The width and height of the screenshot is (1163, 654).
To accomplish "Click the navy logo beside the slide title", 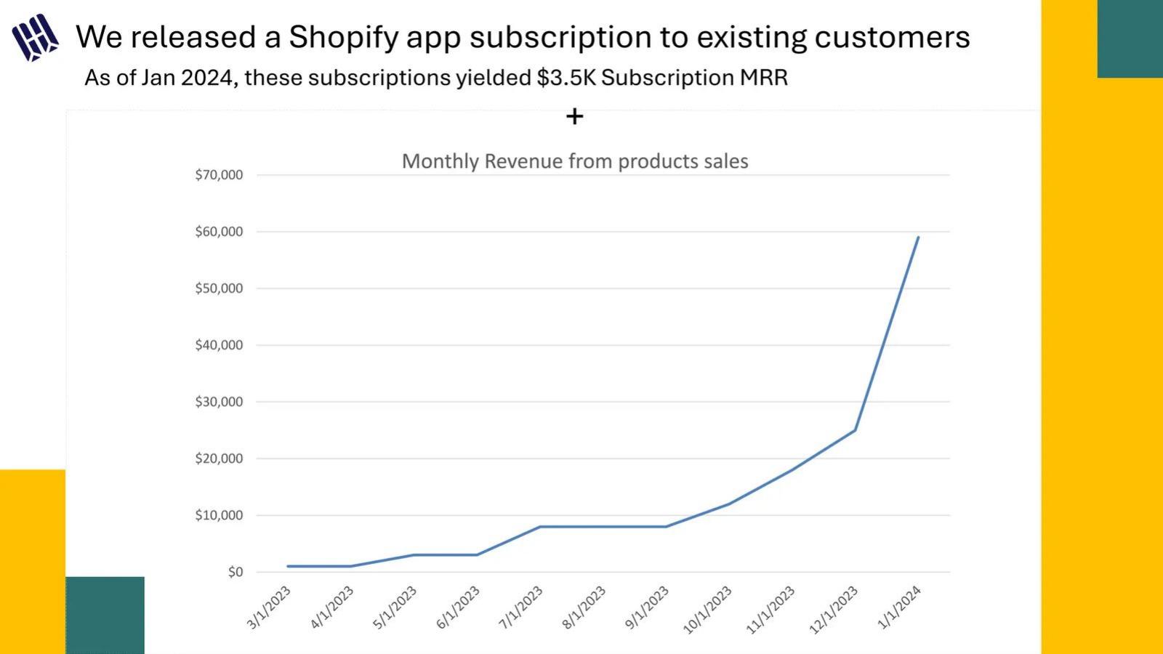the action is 35,37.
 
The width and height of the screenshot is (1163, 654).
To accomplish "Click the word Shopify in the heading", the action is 343,38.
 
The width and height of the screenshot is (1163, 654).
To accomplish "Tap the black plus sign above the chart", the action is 574,116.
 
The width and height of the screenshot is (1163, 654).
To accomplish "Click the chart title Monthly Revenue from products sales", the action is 575,161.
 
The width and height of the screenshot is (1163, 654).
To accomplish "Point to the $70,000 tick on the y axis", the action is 219,175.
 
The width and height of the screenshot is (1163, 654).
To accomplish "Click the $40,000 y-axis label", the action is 219,345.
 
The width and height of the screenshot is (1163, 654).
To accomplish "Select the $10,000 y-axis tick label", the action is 219,515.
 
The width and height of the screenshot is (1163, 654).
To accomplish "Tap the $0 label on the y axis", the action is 236,572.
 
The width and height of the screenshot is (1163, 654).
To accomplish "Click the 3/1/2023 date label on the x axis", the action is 268,607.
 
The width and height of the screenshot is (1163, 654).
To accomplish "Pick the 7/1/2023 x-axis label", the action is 520,607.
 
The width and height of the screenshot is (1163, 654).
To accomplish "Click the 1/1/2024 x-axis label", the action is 898,607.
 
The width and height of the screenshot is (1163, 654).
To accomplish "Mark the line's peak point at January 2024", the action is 918,238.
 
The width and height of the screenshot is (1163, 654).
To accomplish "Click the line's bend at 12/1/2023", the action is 855,430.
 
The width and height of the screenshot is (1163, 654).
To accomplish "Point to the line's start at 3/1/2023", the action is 288,566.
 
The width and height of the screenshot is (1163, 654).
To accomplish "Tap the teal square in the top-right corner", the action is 1130,39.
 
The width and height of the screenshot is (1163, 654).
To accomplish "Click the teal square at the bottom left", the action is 105,615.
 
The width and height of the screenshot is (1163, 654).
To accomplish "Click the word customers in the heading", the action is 892,38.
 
